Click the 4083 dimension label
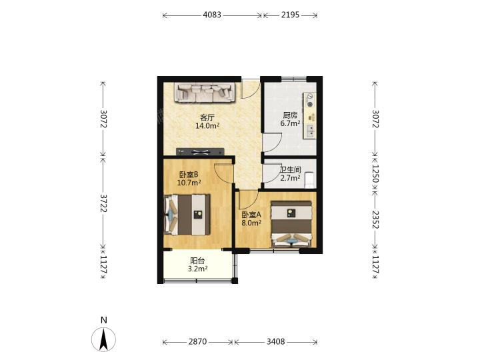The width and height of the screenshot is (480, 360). (212, 15)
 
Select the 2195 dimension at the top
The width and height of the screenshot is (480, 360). (290, 15)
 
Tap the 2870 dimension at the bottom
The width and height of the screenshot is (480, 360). (197, 341)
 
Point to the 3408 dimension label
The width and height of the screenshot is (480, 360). (275, 341)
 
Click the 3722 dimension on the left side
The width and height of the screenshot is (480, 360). (103, 203)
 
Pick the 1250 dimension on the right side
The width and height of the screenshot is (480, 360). (375, 174)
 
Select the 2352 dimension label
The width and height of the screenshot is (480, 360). (375, 220)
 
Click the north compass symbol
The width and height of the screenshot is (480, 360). (104, 339)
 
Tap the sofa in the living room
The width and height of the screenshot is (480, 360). (205, 92)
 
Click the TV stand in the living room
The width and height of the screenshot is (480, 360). (200, 151)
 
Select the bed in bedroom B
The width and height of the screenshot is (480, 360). (187, 215)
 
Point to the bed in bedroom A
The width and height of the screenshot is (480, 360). (291, 224)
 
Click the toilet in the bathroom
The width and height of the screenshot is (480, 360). (309, 180)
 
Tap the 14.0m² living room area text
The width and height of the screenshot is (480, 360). (207, 125)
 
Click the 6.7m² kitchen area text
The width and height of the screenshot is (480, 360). (290, 123)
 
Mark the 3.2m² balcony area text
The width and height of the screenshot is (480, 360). (198, 269)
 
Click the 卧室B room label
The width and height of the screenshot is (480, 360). (189, 175)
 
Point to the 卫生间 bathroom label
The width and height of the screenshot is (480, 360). (290, 169)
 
